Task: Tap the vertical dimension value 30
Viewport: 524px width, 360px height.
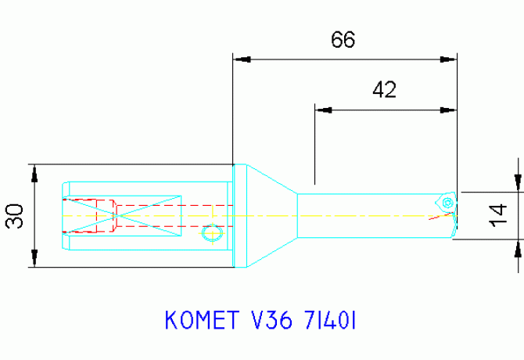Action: click(15, 217)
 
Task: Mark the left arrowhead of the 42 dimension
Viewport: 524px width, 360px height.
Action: click(321, 110)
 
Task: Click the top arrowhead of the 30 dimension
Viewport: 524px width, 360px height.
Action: click(34, 171)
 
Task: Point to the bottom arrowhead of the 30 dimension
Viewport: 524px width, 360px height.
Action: click(34, 260)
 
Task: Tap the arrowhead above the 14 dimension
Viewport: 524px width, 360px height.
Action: click(516, 183)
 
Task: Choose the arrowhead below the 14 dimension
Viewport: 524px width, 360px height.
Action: click(516, 248)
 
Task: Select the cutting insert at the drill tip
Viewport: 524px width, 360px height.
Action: click(447, 202)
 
